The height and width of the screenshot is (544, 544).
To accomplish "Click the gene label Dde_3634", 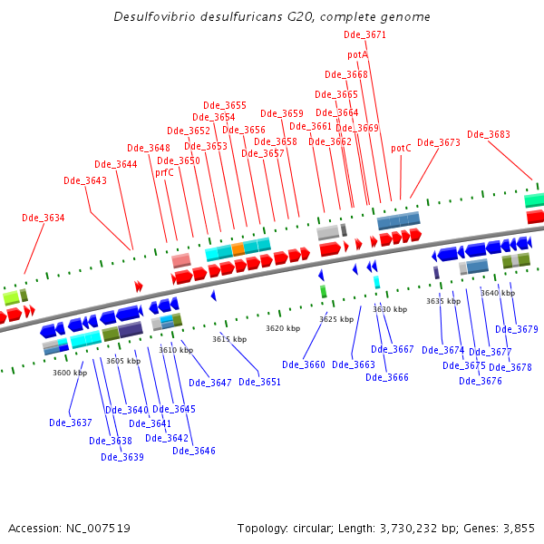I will tap(44, 218).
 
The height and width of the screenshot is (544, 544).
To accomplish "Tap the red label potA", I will tap(357, 55).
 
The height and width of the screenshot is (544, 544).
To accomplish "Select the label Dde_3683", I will tap(489, 134).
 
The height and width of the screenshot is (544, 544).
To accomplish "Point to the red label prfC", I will tap(164, 172).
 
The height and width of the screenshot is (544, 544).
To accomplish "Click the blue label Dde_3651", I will tap(260, 382).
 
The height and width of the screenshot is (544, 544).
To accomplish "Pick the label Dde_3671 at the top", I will tap(365, 34).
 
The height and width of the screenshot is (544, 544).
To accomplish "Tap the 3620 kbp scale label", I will tap(282, 328).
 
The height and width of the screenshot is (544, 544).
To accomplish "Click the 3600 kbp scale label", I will tap(70, 373).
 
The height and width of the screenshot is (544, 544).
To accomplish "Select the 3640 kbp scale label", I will tap(497, 293).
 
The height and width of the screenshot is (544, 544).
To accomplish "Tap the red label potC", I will tap(401, 148).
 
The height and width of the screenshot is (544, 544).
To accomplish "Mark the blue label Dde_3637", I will tap(71, 423).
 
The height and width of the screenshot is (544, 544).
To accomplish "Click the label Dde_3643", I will tap(85, 180).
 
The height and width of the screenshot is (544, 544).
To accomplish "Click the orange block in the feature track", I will tap(238, 248).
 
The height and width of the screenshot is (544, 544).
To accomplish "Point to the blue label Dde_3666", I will tap(387, 377).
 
